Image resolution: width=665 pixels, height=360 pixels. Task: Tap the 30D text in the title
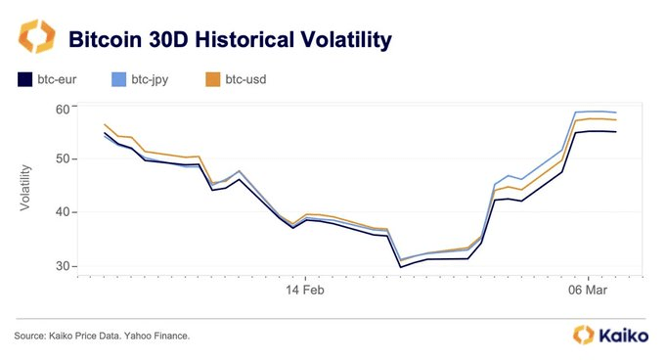pos(172,39)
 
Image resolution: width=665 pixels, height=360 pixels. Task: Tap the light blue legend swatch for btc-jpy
pos(119,79)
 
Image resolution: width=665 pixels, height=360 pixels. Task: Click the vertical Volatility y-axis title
pos(26,187)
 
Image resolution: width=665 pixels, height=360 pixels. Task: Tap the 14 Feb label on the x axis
pos(304,291)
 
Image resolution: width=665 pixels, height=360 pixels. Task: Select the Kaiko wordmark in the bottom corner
pos(627,336)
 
